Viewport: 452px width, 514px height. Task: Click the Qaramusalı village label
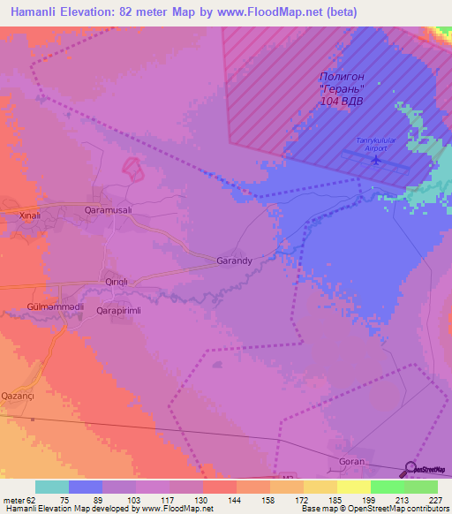pos(107,210)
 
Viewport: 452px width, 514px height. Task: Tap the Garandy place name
pos(235,261)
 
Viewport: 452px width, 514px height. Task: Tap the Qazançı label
pos(18,396)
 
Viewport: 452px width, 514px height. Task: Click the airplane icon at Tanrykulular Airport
pos(377,161)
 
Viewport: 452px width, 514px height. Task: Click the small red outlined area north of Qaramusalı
pos(132,168)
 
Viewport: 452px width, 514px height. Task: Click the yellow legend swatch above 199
pos(354,487)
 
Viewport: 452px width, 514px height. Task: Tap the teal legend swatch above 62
pos(52,487)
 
